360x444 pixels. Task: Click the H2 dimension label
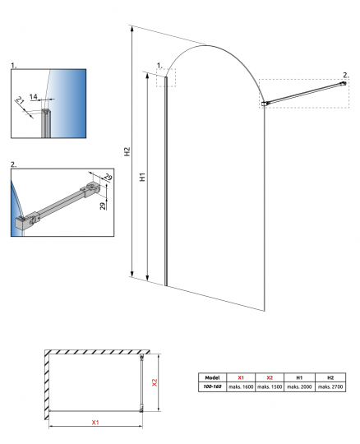[x=127, y=151]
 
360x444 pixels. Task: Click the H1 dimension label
[x=143, y=177]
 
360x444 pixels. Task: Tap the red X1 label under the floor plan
[x=95, y=422]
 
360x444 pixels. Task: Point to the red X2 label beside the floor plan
[x=155, y=382]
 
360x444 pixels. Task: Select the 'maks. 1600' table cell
[x=241, y=386]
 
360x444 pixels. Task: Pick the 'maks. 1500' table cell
[x=270, y=386]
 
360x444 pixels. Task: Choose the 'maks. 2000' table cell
[x=299, y=386]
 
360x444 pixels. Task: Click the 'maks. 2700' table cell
[x=330, y=386]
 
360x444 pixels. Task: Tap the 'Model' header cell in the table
[x=212, y=377]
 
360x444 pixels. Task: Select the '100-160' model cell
[x=212, y=386]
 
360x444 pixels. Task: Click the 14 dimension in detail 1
[x=34, y=96]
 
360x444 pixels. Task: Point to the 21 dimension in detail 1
[x=20, y=100]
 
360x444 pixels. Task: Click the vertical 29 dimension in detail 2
[x=104, y=206]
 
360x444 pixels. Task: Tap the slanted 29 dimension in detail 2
[x=108, y=177]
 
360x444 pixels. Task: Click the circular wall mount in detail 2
[x=92, y=187]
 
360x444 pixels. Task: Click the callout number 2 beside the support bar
[x=345, y=76]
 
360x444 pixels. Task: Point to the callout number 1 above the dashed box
[x=159, y=66]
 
